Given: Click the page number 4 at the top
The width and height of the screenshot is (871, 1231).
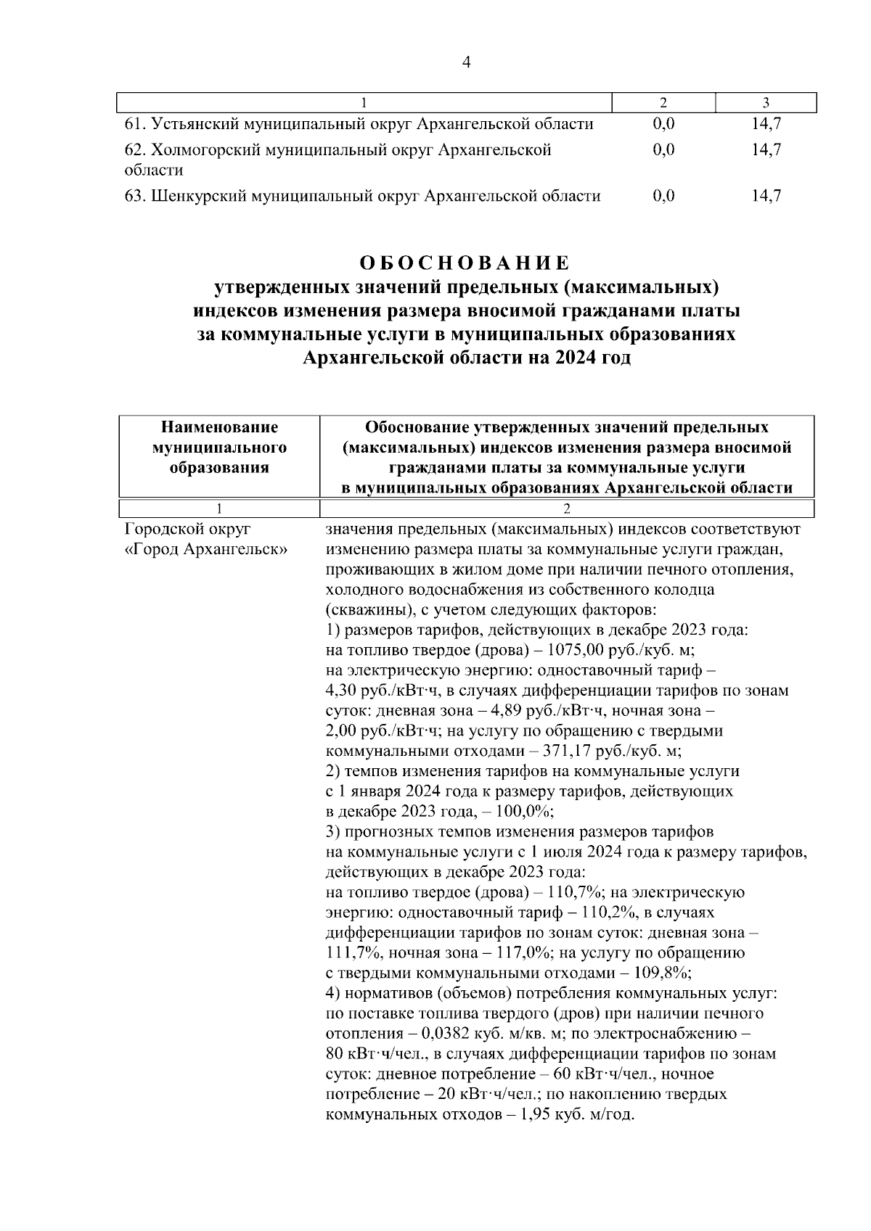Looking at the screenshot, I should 466,63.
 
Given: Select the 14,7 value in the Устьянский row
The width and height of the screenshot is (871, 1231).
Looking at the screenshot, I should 766,124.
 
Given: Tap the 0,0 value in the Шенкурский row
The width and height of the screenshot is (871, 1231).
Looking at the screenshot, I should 663,196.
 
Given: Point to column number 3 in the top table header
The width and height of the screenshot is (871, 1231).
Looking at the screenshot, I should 766,103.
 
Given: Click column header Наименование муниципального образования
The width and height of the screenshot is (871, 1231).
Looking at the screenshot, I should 219,447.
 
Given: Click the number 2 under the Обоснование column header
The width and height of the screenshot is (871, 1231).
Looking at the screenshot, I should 567,508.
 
